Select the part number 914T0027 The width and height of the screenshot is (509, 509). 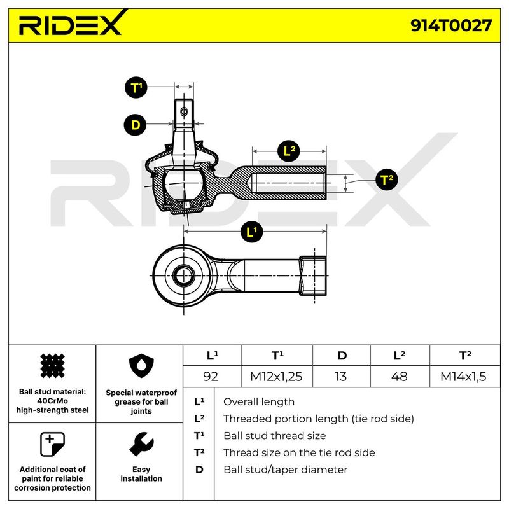point(451,25)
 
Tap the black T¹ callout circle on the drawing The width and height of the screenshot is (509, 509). point(136,87)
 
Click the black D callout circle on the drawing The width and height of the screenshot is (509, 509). point(136,125)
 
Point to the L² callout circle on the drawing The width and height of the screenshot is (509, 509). point(289,151)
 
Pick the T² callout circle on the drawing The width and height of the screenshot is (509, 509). point(386,179)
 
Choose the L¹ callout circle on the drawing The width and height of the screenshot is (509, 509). point(251,232)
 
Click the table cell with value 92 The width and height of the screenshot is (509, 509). point(211,377)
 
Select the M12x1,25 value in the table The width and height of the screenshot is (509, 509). point(276,377)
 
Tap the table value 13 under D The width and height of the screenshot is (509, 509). point(341,377)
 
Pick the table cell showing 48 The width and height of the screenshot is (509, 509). point(400,377)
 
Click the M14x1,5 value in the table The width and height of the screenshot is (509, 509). point(464,377)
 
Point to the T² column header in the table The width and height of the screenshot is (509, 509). point(466,356)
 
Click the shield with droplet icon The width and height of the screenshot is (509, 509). point(141,366)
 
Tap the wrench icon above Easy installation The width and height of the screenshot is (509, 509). point(141,444)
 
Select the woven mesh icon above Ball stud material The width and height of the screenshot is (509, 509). point(52,366)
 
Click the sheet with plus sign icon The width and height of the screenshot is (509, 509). point(52,444)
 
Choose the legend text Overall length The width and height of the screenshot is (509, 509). point(259,402)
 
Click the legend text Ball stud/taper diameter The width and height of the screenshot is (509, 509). point(285,470)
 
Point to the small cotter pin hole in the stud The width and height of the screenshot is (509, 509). point(184,112)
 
